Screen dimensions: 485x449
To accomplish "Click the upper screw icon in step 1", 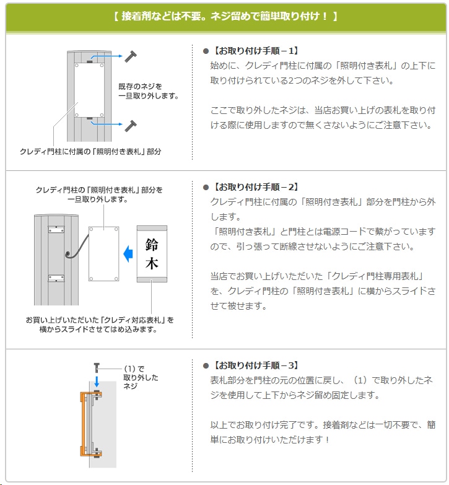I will (x=131, y=56).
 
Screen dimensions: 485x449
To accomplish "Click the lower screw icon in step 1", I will (x=131, y=125).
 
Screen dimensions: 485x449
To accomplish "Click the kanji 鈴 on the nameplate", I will (x=152, y=245).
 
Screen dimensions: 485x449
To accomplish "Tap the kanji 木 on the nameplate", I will (x=152, y=264).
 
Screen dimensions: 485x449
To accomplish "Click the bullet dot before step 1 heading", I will (x=206, y=51).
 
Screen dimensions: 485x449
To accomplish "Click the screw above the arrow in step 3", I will (x=97, y=367).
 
